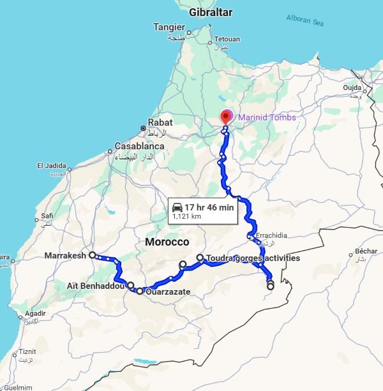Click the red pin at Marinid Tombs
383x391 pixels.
tap(225, 117)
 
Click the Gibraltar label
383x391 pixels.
tap(211, 12)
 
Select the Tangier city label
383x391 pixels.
tap(169, 27)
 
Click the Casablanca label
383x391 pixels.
tap(139, 145)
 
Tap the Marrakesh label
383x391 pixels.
tap(65, 256)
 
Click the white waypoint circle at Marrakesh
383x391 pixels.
tap(93, 255)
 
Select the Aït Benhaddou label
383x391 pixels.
tap(95, 285)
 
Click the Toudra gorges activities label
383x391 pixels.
tap(253, 258)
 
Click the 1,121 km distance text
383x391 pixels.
tap(186, 217)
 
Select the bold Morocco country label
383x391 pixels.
tap(167, 242)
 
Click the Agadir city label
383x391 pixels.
tap(35, 314)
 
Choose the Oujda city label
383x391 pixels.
tap(352, 87)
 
